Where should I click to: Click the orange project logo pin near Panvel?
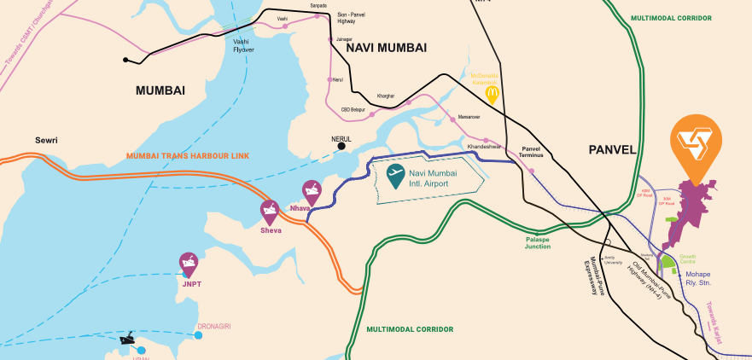pyautogui.click(x=697, y=145)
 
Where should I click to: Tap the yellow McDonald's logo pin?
pyautogui.click(x=492, y=93)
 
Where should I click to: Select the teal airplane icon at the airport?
pyautogui.click(x=395, y=175)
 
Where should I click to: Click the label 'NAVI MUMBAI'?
pyautogui.click(x=386, y=48)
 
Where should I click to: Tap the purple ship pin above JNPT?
pyautogui.click(x=189, y=264)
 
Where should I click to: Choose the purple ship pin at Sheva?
pyautogui.click(x=271, y=212)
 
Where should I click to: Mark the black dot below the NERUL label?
pyautogui.click(x=341, y=146)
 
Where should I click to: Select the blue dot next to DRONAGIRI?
pyautogui.click(x=198, y=335)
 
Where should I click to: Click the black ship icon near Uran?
pyautogui.click(x=128, y=339)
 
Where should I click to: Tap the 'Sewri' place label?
pyautogui.click(x=46, y=140)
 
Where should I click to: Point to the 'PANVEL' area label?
pyautogui.click(x=612, y=150)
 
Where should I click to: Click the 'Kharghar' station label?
pyautogui.click(x=386, y=96)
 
